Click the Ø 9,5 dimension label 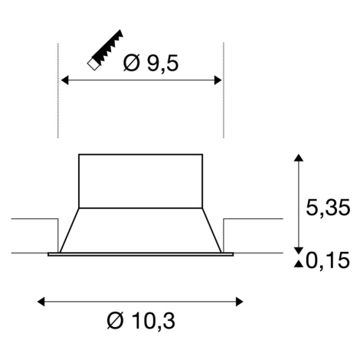pyautogui.click(x=150, y=63)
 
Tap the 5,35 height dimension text pyautogui.click(x=328, y=208)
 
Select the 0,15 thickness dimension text pyautogui.click(x=328, y=260)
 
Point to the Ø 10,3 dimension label pyautogui.click(x=141, y=321)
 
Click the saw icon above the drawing pyautogui.click(x=105, y=51)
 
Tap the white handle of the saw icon pyautogui.click(x=93, y=64)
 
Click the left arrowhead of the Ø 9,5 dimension pyautogui.click(x=65, y=80)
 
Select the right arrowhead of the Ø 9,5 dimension pyautogui.click(x=218, y=80)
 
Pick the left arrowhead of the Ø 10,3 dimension pyautogui.click(x=41, y=302)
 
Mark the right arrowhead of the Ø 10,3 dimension pyautogui.click(x=240, y=302)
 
